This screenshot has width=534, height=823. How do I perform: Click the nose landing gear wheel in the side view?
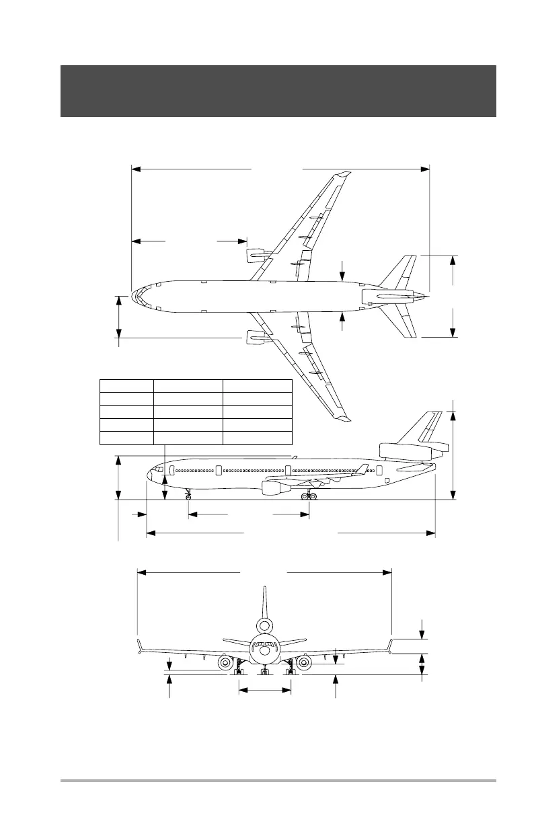coord(188,496)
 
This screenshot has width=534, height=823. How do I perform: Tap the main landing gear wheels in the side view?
coord(309,496)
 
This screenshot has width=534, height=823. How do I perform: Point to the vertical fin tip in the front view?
coord(265,590)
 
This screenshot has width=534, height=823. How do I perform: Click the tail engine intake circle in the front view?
coord(265,626)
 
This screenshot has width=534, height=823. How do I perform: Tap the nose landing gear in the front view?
coord(265,671)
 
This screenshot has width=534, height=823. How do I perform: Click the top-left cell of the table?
coord(126,385)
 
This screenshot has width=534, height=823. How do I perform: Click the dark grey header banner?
coord(278,91)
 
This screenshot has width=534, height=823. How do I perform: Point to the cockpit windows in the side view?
coord(159,469)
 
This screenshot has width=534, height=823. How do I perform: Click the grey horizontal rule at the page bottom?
coord(278,781)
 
